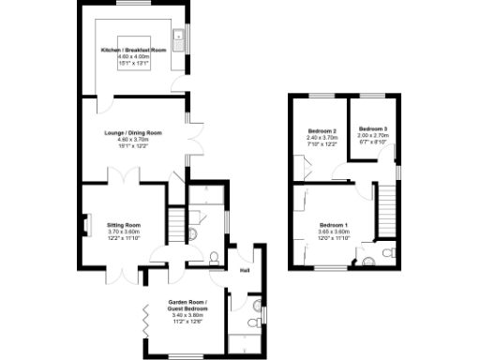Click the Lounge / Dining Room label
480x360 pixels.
pos(132,133)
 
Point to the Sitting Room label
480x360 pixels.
pos(124,225)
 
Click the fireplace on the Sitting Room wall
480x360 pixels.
pos(85,225)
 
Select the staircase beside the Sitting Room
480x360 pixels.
pos(175,224)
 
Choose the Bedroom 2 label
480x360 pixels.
pos(322,130)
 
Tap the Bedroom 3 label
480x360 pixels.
pos(372,128)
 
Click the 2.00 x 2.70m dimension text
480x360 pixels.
pos(372,136)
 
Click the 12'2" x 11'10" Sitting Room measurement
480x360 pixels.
pos(124,238)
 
